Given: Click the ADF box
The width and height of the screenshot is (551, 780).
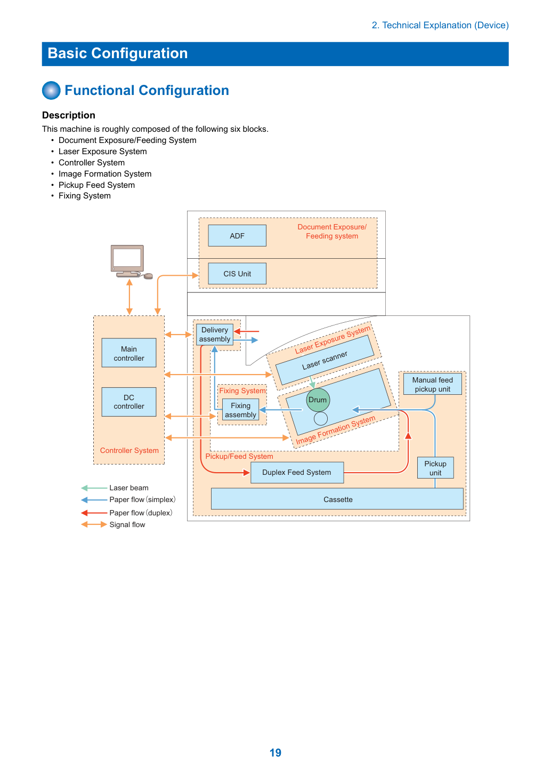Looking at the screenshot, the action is coord(237,236).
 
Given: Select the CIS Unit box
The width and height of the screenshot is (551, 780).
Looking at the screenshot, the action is coord(237,274).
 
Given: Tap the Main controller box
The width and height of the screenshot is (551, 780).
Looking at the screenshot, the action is coord(129,353).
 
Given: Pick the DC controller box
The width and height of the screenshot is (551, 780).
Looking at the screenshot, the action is coord(129,402).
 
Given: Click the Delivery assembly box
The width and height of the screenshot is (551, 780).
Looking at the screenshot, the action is coord(215,335).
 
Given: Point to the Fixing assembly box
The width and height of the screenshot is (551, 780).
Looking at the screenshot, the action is coord(240,410).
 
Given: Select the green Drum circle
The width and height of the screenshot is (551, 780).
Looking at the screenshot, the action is coord(318,400).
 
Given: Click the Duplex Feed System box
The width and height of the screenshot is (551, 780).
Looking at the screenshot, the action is coord(297,473).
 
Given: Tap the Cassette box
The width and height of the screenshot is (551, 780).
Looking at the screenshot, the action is coord(337,499).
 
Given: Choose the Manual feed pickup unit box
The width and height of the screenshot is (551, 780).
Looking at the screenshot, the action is coord(432,384).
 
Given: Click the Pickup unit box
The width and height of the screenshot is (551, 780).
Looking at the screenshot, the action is coord(435,468).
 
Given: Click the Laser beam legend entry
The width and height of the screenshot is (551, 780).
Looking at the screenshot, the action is coord(115,488).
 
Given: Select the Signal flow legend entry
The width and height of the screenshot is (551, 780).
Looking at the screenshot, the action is coord(113,524).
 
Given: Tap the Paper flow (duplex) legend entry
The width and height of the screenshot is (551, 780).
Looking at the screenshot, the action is coord(127,513).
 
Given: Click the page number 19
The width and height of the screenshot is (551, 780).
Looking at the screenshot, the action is coord(275,752).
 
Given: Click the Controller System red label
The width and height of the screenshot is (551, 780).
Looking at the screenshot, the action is coord(129,450).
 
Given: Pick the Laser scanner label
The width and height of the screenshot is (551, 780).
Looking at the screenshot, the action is coord(325,361).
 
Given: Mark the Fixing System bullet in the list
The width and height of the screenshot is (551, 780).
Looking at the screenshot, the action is coord(84,196).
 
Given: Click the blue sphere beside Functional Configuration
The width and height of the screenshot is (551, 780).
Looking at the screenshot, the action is coord(51,90).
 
